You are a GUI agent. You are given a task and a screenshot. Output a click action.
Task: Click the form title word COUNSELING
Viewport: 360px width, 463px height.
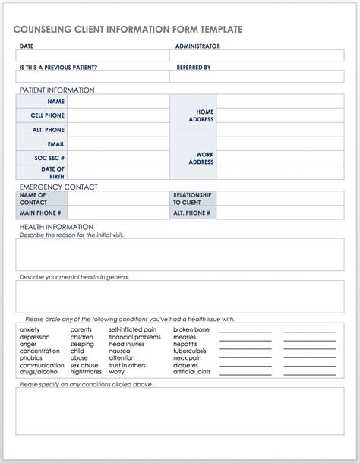pyautogui.click(x=42, y=30)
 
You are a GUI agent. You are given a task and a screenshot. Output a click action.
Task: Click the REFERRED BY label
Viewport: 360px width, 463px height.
pyautogui.click(x=194, y=67)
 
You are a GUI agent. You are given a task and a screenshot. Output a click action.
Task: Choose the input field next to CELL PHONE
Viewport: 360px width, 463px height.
pyautogui.click(x=118, y=115)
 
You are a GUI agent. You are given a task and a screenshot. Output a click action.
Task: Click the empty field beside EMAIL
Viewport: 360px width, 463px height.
pyautogui.click(x=118, y=144)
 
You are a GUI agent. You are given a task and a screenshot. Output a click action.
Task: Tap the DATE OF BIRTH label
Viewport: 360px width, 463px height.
pyautogui.click(x=52, y=172)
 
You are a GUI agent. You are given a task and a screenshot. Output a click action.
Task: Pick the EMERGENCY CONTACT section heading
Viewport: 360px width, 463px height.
pyautogui.click(x=58, y=187)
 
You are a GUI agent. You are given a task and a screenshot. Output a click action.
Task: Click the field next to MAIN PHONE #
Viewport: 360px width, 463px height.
pyautogui.click(x=118, y=213)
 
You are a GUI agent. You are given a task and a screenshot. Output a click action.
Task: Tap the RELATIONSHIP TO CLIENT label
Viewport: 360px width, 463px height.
pyautogui.click(x=192, y=199)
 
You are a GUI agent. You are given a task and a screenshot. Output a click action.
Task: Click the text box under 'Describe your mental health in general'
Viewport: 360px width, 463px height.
pyautogui.click(x=179, y=297)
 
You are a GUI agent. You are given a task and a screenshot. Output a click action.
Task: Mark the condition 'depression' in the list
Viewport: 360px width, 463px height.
pyautogui.click(x=35, y=337)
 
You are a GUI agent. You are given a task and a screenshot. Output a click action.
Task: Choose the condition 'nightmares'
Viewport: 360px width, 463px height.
pyautogui.click(x=86, y=372)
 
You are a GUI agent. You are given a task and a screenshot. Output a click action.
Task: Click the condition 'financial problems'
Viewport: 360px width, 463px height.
pyautogui.click(x=134, y=337)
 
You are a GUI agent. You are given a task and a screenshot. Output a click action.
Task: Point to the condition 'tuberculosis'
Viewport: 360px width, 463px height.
pyautogui.click(x=189, y=351)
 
